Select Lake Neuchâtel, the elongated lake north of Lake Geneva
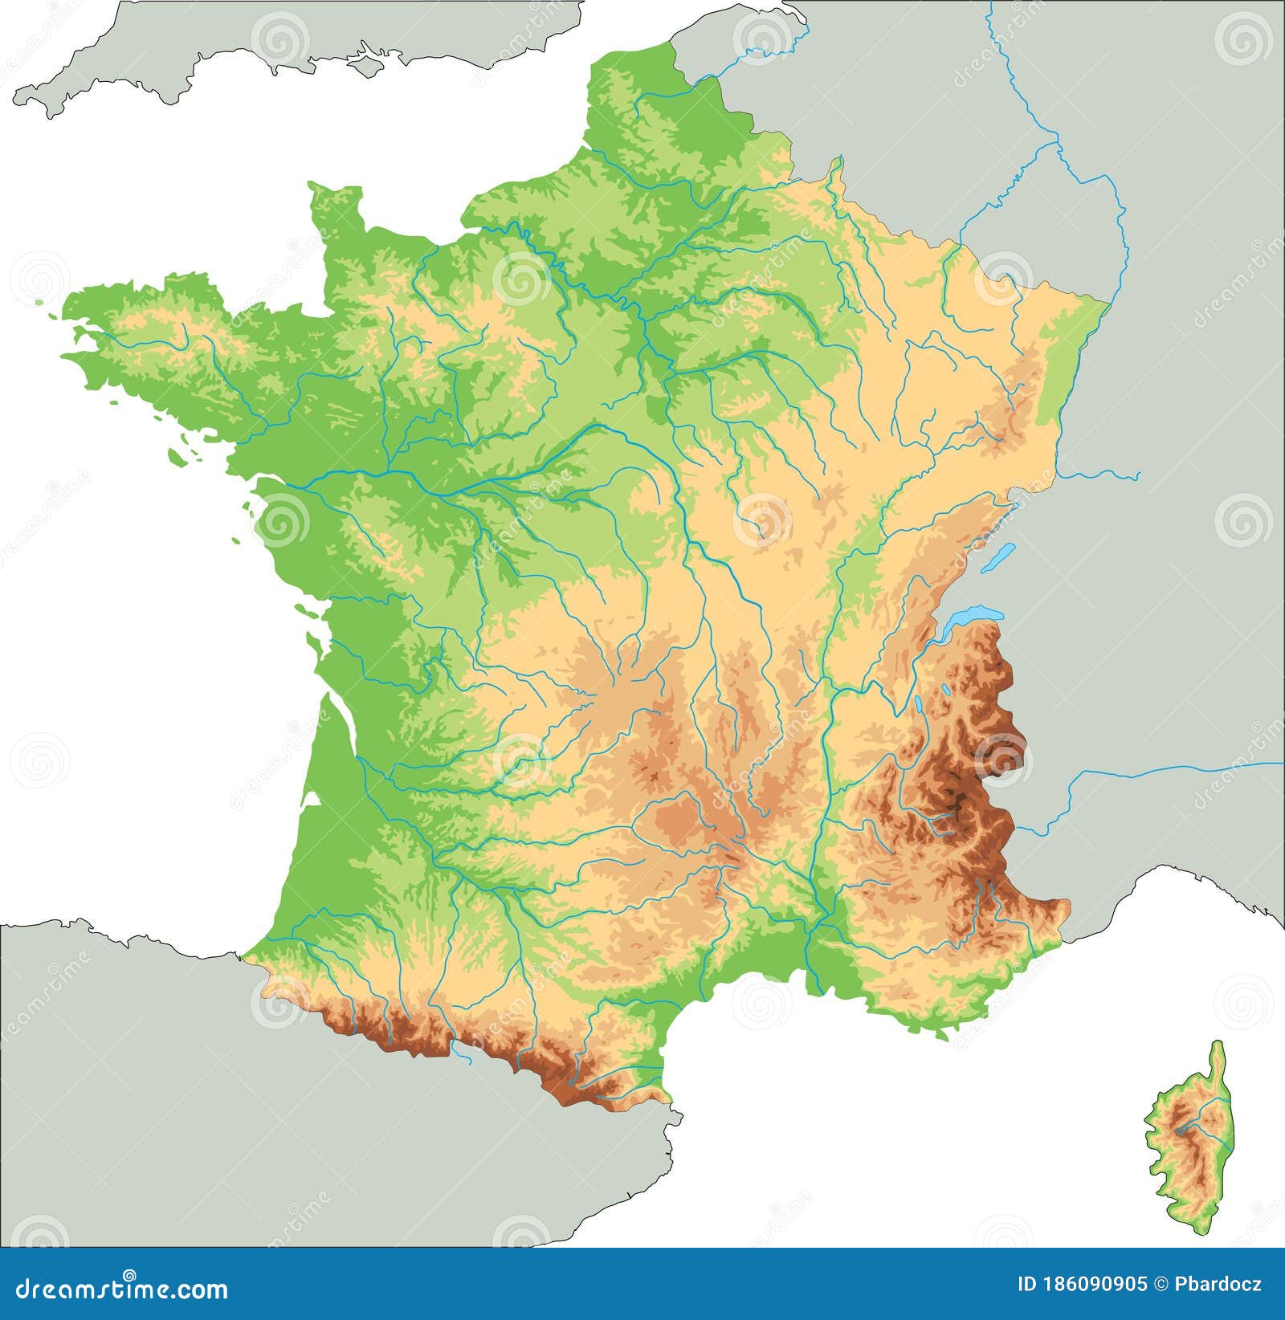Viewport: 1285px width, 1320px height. [1003, 553]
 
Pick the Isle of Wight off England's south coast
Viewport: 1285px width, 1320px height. [365, 61]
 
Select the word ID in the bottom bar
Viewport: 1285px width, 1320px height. [1026, 1285]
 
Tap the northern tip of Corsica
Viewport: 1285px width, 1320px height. [1220, 1044]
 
